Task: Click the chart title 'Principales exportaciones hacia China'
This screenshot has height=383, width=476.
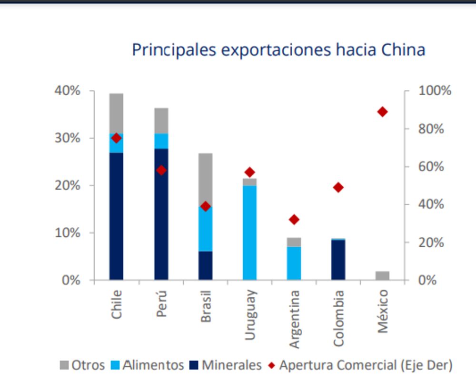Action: click(x=278, y=50)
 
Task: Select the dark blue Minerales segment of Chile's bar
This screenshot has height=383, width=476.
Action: click(x=116, y=217)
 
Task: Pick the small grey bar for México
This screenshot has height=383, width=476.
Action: click(x=382, y=275)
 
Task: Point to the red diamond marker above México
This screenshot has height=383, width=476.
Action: click(x=382, y=112)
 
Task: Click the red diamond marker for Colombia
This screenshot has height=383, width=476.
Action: click(x=338, y=187)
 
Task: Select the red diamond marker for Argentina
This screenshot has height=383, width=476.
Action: click(x=294, y=220)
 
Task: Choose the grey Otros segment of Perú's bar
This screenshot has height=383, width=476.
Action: click(x=161, y=121)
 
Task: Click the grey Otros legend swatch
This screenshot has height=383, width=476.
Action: click(x=64, y=365)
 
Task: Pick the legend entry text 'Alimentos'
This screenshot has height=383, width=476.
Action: click(x=153, y=365)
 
